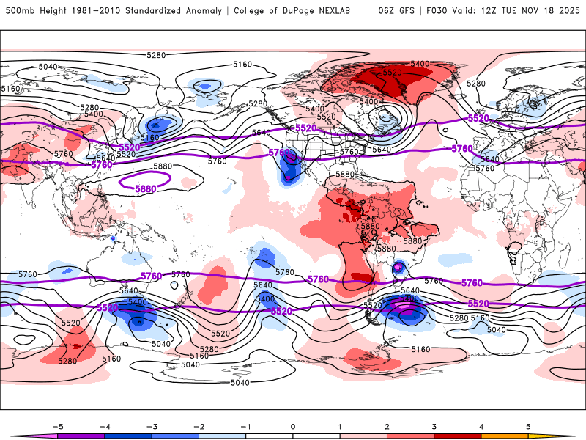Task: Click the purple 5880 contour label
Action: [x=145, y=188]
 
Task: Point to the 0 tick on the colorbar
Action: [x=292, y=425]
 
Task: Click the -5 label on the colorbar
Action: [x=56, y=425]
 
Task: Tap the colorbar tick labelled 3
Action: [x=434, y=425]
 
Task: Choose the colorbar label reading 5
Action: [x=528, y=425]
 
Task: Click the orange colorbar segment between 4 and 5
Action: [x=504, y=436]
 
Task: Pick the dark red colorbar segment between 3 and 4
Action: [x=457, y=436]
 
